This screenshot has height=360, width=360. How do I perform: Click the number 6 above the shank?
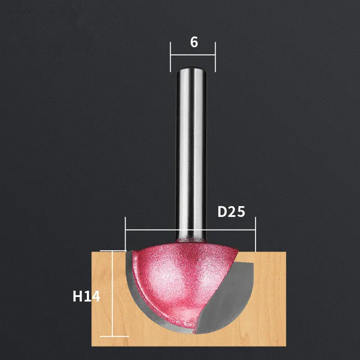click(194, 42)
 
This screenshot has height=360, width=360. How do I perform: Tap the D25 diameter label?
click(231, 211)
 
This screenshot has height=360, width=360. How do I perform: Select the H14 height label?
click(86, 296)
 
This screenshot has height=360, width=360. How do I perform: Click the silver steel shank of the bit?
click(191, 154)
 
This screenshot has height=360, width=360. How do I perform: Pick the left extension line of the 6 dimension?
click(171, 57)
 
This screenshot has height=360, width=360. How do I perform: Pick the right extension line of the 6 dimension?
click(215, 57)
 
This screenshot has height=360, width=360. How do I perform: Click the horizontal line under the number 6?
click(193, 55)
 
